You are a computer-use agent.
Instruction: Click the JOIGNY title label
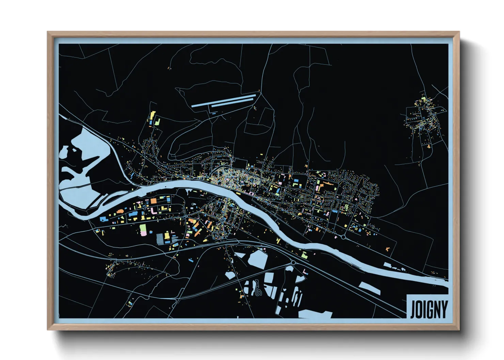pos(428,309)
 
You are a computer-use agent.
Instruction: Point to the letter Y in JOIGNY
pos(444,309)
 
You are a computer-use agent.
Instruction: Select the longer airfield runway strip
pos(223,100)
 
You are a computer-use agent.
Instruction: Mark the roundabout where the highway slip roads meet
pos(293,263)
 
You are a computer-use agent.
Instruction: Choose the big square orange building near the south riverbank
pos(154,201)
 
